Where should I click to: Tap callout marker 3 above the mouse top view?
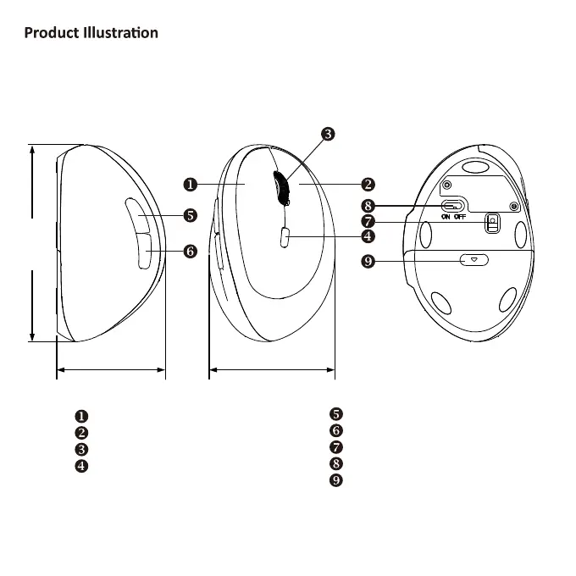(328, 134)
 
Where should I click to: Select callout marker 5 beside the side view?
(190, 216)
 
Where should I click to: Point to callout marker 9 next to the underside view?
(368, 261)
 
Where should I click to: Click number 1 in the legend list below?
(81, 415)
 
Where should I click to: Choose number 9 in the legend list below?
(336, 480)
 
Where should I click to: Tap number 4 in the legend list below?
(81, 465)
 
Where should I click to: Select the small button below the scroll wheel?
(283, 238)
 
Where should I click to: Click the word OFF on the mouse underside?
(460, 217)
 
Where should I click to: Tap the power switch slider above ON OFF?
(453, 206)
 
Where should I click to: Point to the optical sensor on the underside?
(491, 223)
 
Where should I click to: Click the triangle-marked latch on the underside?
(474, 260)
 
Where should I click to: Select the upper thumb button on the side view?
(136, 216)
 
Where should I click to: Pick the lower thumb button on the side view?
(141, 252)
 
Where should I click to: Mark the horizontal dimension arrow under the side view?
(111, 369)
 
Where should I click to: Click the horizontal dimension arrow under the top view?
(271, 369)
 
